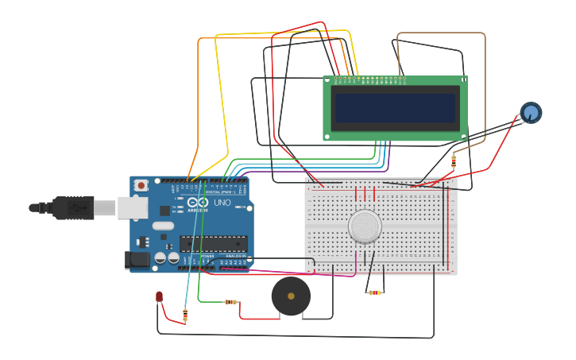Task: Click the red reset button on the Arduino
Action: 141,185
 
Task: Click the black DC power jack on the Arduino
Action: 137,259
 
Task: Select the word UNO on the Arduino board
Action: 222,203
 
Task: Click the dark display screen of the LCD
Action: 396,107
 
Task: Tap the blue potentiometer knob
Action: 532,113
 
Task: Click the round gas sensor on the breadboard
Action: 365,226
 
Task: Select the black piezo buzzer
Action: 291,296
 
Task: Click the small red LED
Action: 159,297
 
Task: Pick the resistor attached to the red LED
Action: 185,315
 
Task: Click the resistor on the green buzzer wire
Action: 231,302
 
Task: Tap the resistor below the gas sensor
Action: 375,292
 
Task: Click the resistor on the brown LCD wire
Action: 454,161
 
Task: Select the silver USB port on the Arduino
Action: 132,207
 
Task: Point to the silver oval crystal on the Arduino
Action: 163,226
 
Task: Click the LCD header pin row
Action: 371,80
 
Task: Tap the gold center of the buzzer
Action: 291,296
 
